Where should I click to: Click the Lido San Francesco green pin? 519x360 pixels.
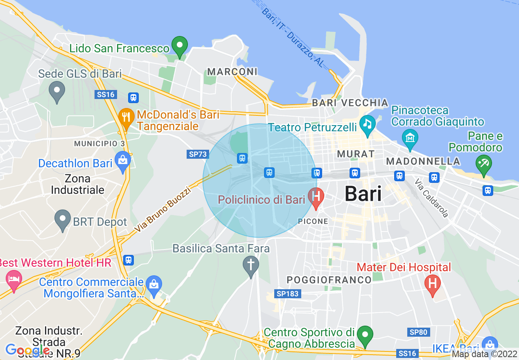tap(179, 46)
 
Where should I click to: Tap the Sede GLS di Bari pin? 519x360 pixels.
tap(56, 91)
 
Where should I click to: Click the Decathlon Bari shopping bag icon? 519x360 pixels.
tap(123, 161)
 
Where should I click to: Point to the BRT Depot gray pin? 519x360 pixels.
tap(63, 219)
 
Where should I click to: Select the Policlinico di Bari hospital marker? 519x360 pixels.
tap(316, 197)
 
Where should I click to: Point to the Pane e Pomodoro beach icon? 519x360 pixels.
tap(483, 165)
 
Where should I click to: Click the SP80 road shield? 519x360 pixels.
tap(418, 332)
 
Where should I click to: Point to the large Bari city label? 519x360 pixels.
tap(363, 193)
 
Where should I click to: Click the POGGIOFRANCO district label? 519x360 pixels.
tap(329, 280)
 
